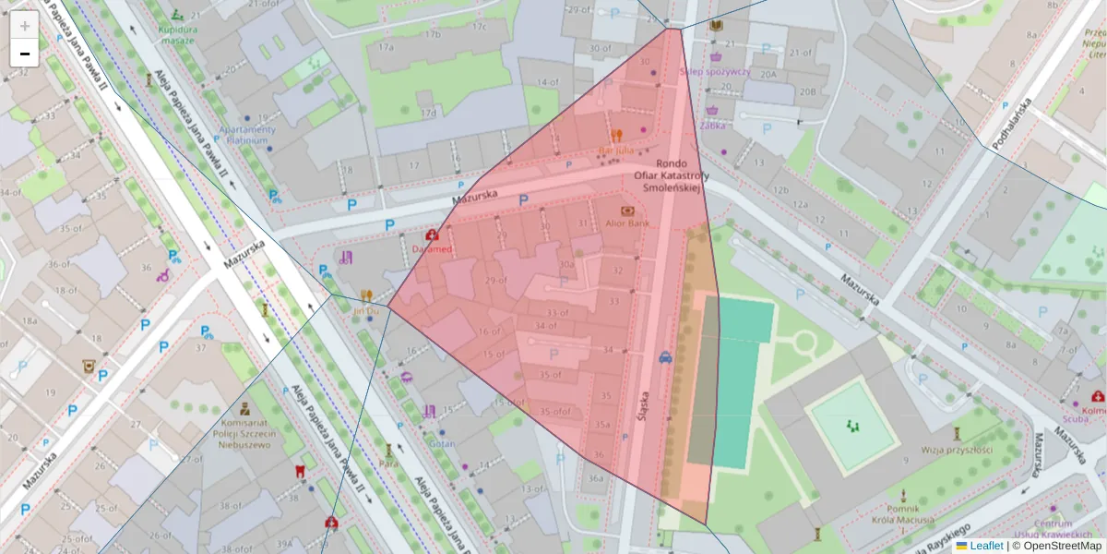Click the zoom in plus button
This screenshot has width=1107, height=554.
tap(25, 26)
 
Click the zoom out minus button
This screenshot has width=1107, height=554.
tap(25, 54)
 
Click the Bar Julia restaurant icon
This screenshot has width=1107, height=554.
tap(616, 134)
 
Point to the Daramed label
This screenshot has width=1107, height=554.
tap(432, 249)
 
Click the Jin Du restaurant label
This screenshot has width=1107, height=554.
tap(365, 311)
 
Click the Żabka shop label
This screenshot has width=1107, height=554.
tap(712, 126)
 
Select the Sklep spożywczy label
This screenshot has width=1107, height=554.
tap(715, 71)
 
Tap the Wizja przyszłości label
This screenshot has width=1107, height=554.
tap(957, 450)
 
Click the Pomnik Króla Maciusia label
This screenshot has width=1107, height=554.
tap(901, 513)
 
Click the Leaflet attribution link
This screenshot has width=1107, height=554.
tap(985, 546)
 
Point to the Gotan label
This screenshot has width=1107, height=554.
tap(442, 443)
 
